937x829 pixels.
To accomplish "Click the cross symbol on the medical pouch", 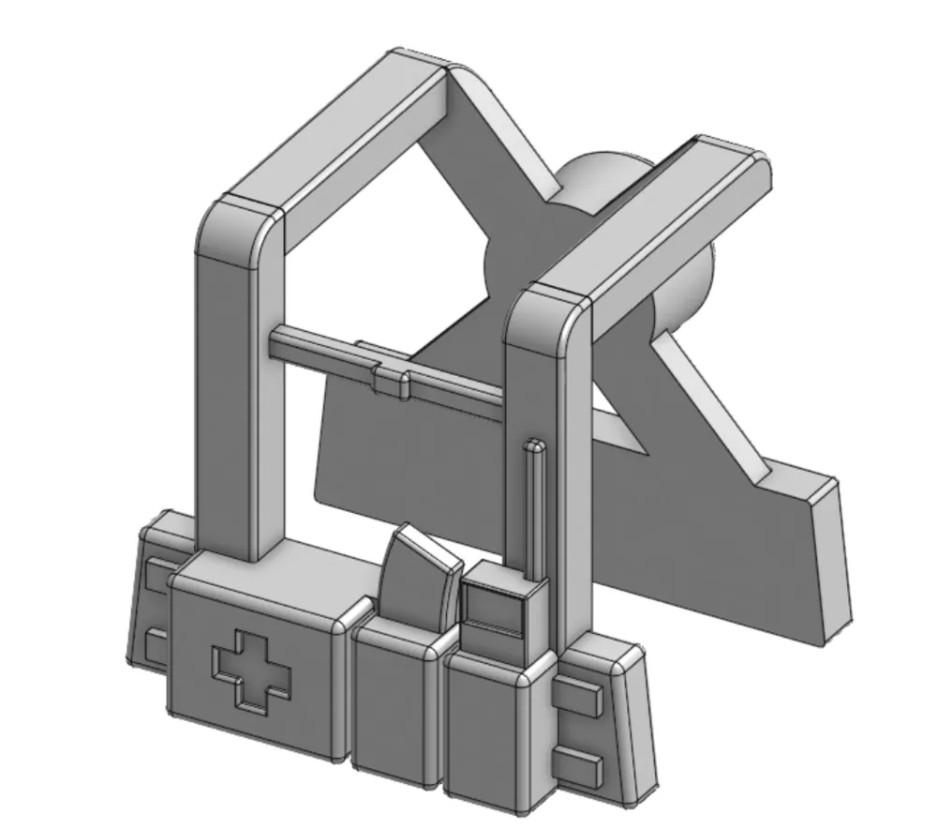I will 251,667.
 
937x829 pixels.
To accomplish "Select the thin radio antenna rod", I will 534,506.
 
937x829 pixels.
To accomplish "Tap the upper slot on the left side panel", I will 155,574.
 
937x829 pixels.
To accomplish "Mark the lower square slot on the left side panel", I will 156,646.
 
